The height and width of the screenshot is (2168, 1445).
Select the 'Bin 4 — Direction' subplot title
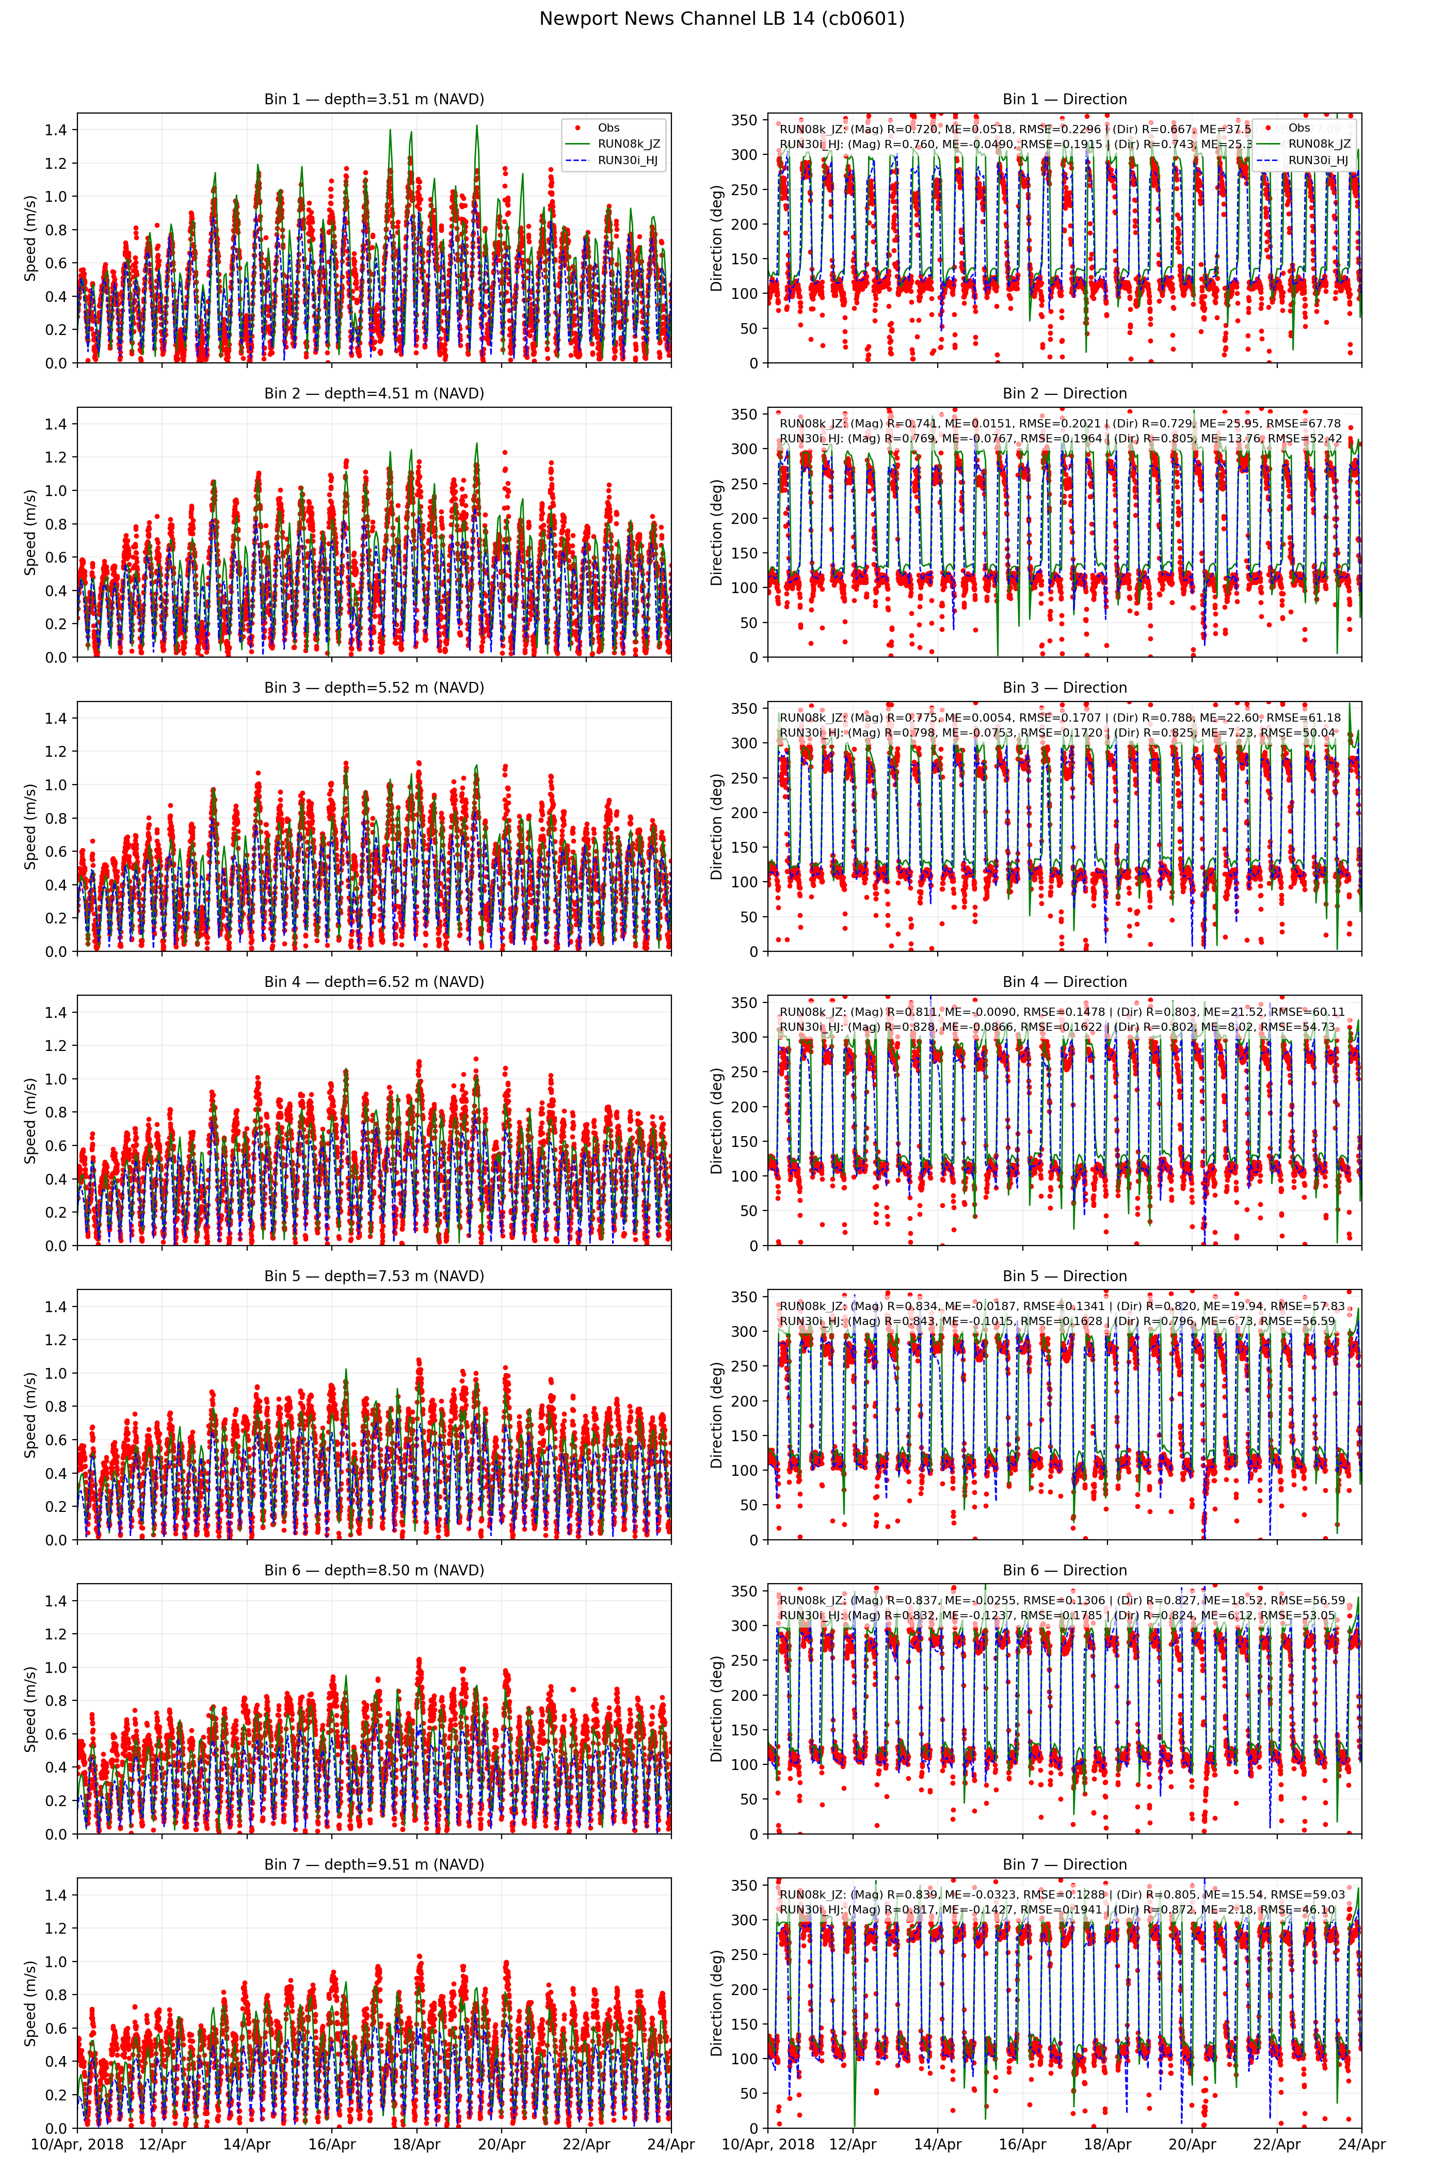coord(1064,982)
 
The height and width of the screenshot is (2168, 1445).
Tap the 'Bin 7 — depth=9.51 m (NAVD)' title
coord(374,1864)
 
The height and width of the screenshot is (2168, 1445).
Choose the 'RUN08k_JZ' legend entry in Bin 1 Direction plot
coord(1319,144)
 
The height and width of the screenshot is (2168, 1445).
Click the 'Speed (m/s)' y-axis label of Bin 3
coord(30,826)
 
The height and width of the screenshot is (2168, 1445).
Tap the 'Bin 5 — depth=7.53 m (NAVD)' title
coord(374,1276)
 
